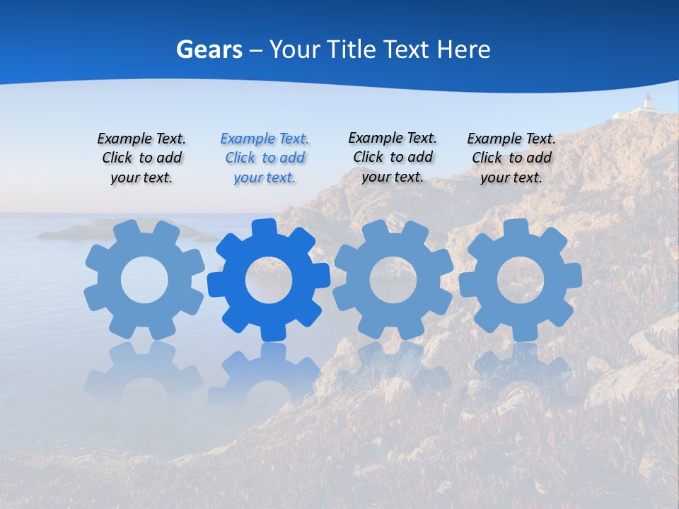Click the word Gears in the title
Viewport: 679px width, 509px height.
point(209,49)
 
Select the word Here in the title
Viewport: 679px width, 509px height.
point(463,49)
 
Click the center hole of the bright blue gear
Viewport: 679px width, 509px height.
point(269,281)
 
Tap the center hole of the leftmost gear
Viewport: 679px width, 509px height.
point(144,281)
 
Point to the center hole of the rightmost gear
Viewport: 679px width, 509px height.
point(521,279)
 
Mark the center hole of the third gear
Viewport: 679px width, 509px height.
point(393,279)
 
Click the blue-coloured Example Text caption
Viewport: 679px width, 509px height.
point(265,158)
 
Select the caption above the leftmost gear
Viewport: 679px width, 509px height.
point(141,158)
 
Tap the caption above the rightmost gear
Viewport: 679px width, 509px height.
point(511,158)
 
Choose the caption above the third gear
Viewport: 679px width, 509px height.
point(393,157)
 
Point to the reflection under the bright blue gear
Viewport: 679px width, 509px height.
point(269,375)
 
